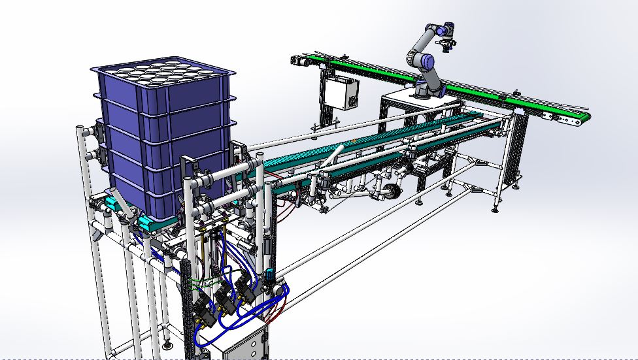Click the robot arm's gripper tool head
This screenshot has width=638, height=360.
pyautogui.click(x=447, y=44)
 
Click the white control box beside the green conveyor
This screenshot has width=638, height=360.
pyautogui.click(x=341, y=93)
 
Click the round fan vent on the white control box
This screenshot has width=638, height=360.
pyautogui.click(x=351, y=101)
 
